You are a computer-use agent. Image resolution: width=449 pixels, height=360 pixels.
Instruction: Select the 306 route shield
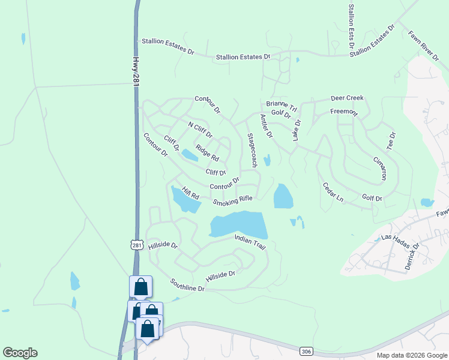(x=306, y=350)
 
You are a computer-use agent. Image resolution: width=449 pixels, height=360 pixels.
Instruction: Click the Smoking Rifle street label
(x=232, y=200)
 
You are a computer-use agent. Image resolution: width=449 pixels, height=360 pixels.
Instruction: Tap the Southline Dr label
(x=187, y=285)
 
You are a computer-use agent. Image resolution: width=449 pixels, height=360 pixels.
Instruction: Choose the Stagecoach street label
(x=253, y=150)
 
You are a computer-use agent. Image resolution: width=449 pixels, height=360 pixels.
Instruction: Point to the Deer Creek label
(x=347, y=98)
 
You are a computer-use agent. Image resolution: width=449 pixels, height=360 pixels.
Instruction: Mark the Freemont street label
(x=344, y=112)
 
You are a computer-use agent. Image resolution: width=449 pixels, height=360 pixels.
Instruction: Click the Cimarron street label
(x=379, y=169)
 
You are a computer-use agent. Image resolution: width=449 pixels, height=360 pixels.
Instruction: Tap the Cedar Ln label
(x=333, y=193)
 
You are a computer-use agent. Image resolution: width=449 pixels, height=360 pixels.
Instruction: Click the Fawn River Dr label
(x=423, y=46)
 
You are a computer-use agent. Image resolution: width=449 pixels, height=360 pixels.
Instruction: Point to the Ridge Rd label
(x=208, y=154)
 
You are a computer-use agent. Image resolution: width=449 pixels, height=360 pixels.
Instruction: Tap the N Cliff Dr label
(x=200, y=130)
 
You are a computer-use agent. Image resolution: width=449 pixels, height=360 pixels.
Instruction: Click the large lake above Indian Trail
(x=238, y=224)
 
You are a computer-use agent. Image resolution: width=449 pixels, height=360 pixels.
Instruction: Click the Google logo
(x=20, y=353)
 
